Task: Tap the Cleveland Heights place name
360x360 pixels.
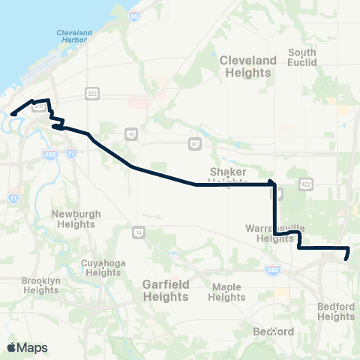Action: [245, 66]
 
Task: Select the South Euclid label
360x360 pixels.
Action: [302, 57]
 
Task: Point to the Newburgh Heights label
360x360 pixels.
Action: [76, 219]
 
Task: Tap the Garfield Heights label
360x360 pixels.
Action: [166, 291]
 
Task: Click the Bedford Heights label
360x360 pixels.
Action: [335, 311]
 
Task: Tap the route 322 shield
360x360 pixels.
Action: [92, 93]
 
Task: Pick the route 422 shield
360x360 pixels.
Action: [305, 183]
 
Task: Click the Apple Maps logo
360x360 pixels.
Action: [27, 347]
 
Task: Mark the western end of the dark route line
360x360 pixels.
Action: [12, 114]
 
